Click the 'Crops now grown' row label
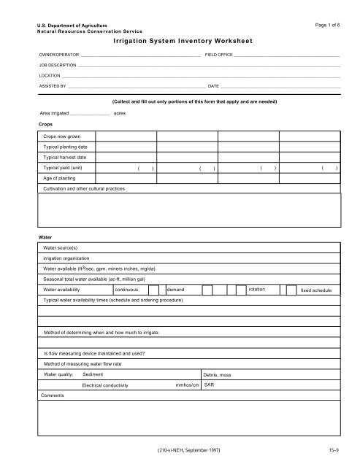pyautogui.click(x=62, y=136)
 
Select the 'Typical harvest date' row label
pyautogui.click(x=64, y=157)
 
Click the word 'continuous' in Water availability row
pyautogui.click(x=116, y=290)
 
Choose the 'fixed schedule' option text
pyautogui.click(x=316, y=290)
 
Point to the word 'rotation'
pyautogui.click(x=257, y=290)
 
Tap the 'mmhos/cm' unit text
pyautogui.click(x=188, y=385)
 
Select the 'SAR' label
pyautogui.click(x=210, y=385)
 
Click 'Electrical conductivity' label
pyautogui.click(x=106, y=385)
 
